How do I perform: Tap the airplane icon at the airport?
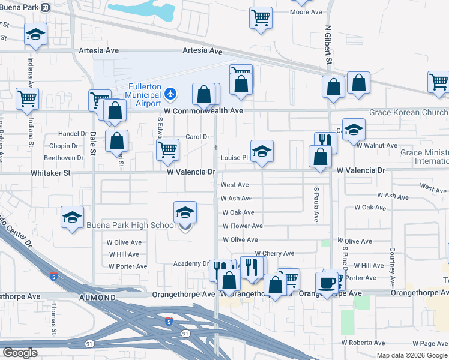coord(171,93)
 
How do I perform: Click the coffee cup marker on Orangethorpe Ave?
coord(327,283)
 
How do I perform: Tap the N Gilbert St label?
coord(328,45)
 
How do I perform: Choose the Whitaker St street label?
coord(50,172)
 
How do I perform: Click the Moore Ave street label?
coord(306,12)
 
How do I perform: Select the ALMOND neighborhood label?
coord(97,298)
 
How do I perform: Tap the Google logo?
coord(20,353)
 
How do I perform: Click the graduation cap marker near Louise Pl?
coord(262,152)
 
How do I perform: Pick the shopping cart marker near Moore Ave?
coord(261,17)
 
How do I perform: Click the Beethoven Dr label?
coord(67,158)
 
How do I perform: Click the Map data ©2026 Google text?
coord(412,355)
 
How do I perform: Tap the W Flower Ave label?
coord(243,226)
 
